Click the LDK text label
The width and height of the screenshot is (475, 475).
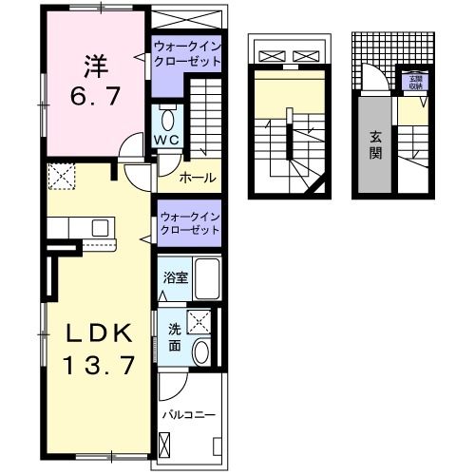coord(96,333)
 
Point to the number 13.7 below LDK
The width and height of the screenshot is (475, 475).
coord(96,364)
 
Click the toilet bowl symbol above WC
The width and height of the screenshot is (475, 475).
coord(169,120)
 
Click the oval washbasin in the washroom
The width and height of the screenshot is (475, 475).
coord(200,352)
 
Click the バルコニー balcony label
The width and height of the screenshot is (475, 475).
coord(187,415)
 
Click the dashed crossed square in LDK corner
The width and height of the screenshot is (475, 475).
coord(62,175)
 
